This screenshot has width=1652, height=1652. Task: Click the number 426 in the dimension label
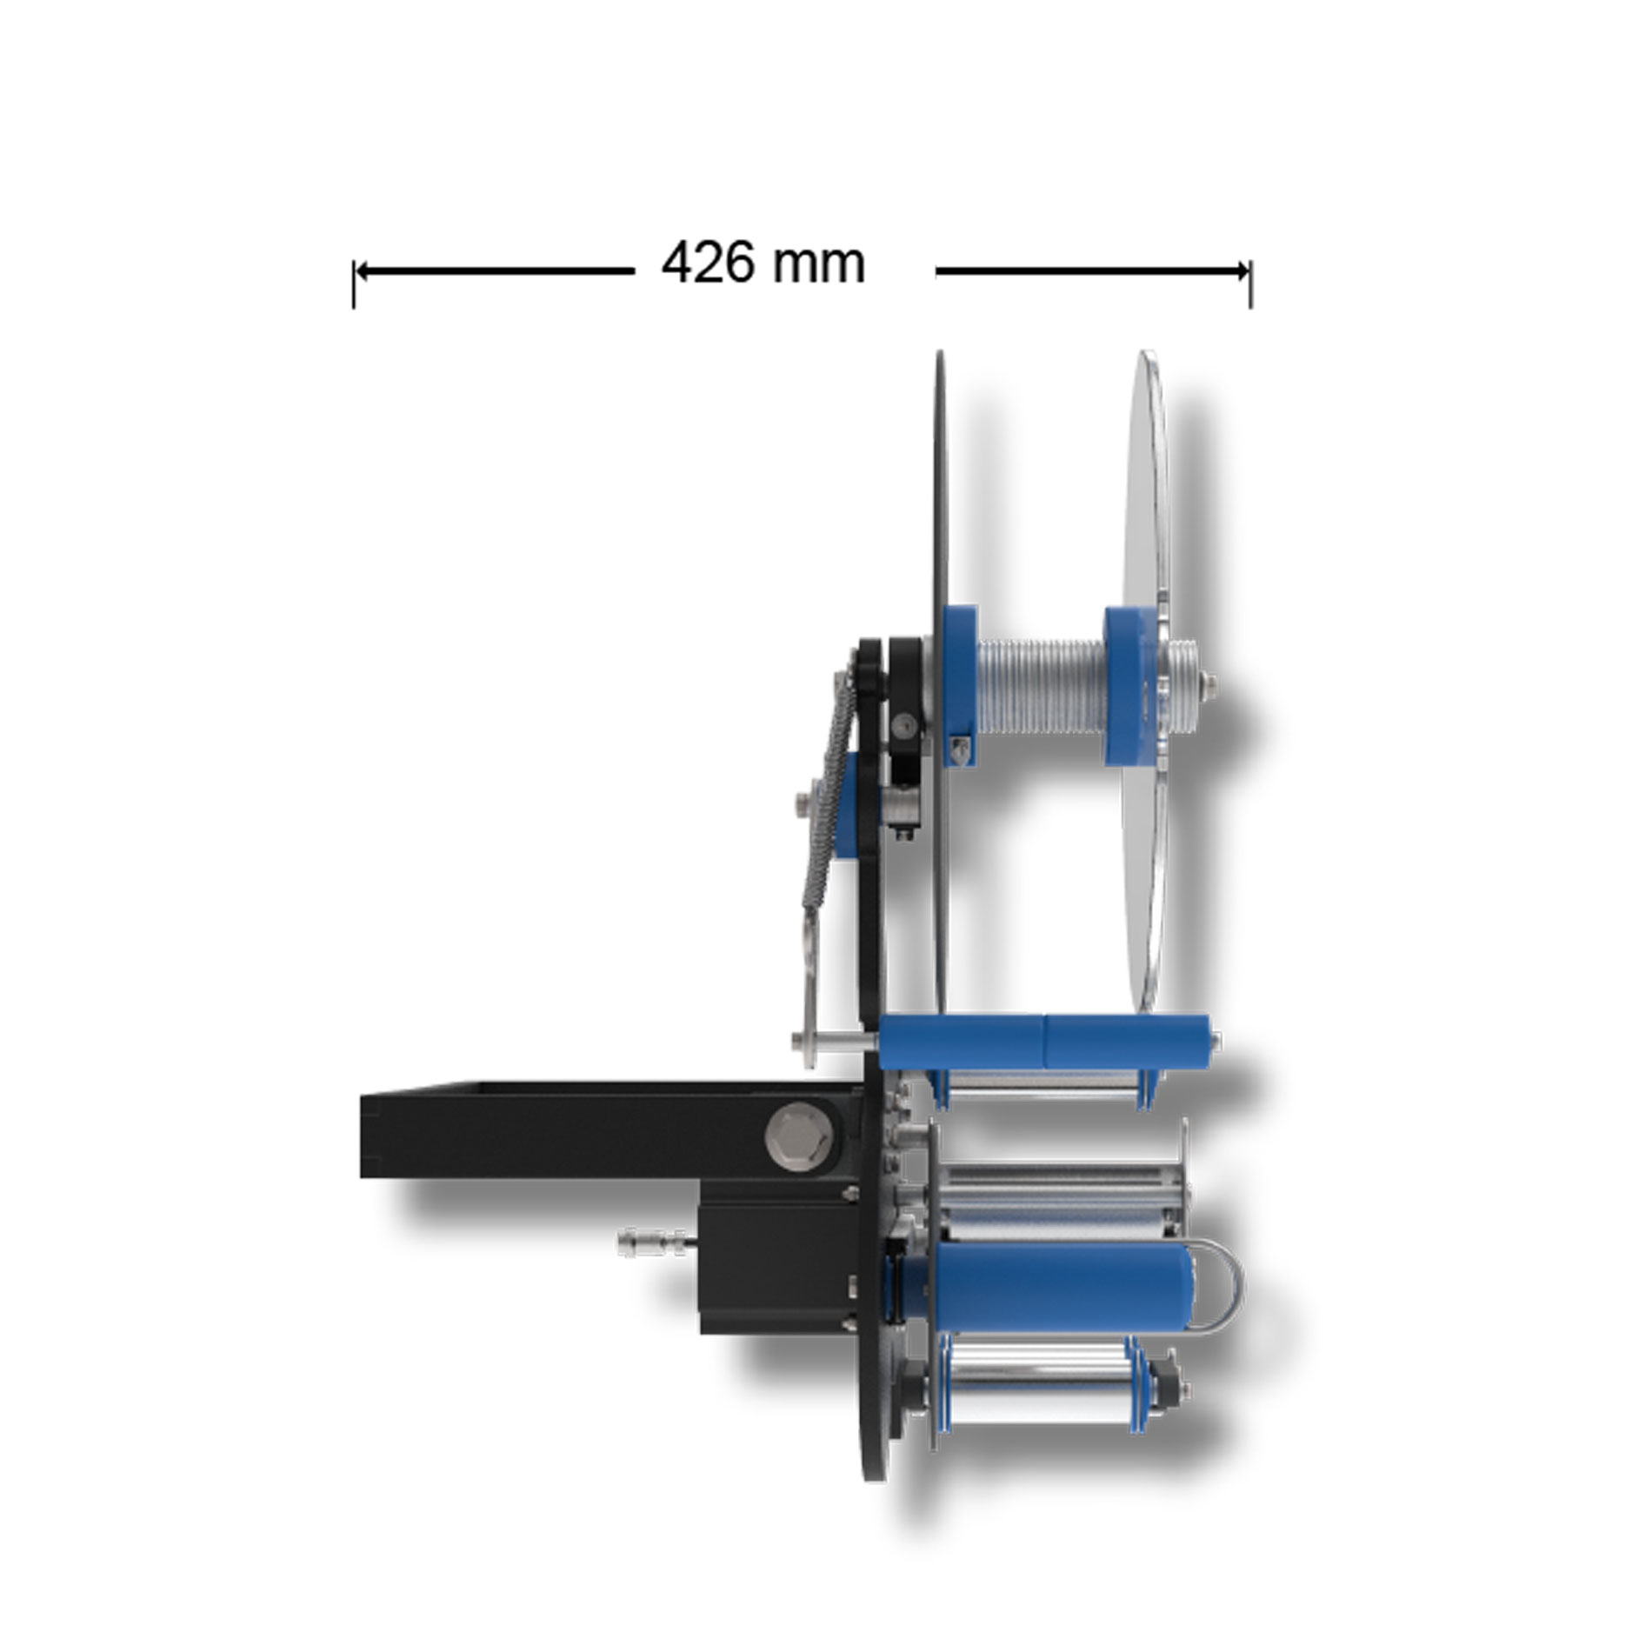coord(719,263)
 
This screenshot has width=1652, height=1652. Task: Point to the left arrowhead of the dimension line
coord(362,271)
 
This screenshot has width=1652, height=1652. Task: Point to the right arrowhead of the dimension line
coord(1242,271)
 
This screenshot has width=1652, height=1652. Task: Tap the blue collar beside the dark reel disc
coord(960,685)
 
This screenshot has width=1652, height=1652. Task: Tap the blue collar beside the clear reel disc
coord(1126,685)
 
